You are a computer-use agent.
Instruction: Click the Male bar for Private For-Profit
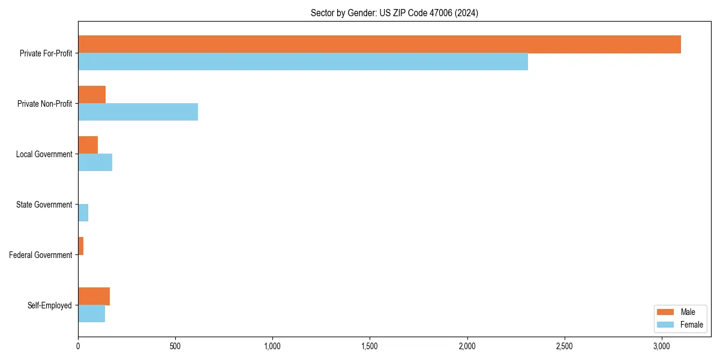click(379, 44)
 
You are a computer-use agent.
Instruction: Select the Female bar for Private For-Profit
click(303, 62)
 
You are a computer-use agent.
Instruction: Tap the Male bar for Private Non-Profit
click(92, 95)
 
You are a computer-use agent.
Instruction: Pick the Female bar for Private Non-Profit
click(138, 112)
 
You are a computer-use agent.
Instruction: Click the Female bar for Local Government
click(95, 163)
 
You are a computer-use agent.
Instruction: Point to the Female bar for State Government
click(83, 213)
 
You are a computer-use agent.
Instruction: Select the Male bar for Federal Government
click(80, 246)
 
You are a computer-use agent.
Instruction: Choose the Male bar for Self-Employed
click(94, 296)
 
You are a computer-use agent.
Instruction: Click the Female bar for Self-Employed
click(91, 314)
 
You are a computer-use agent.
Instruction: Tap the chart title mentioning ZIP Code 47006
click(394, 13)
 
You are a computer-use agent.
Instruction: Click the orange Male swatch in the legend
click(665, 312)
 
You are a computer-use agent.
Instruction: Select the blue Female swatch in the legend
click(665, 325)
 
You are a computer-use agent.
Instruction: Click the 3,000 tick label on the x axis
click(661, 346)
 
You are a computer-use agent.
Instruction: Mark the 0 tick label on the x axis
click(78, 346)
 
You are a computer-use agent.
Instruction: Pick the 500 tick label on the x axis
click(175, 346)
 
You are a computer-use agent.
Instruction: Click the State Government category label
click(44, 205)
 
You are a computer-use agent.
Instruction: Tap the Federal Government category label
click(41, 255)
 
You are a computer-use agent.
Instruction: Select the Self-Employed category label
click(49, 305)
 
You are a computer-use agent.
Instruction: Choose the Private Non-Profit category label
click(44, 104)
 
